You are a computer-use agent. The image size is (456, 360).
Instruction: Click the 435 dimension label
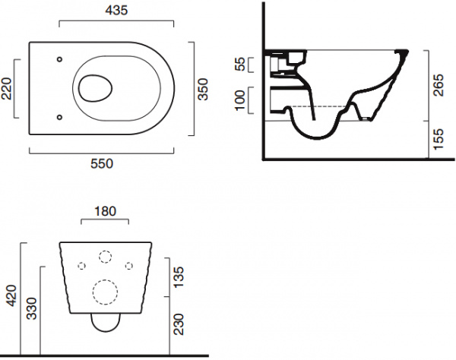click(116, 11)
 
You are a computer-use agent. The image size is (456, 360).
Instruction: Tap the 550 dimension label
click(102, 164)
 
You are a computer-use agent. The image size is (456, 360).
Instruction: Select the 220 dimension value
click(6, 89)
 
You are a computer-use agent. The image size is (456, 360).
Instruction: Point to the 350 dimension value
click(203, 89)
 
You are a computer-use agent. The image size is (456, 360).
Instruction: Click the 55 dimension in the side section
click(240, 65)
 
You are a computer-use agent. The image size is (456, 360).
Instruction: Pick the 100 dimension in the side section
click(240, 100)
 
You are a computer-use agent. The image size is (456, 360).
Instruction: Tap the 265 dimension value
click(439, 85)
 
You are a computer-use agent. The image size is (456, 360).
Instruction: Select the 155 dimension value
click(439, 140)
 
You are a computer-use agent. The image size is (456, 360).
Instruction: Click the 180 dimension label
click(105, 211)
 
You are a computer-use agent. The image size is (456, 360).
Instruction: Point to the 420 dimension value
click(12, 295)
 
